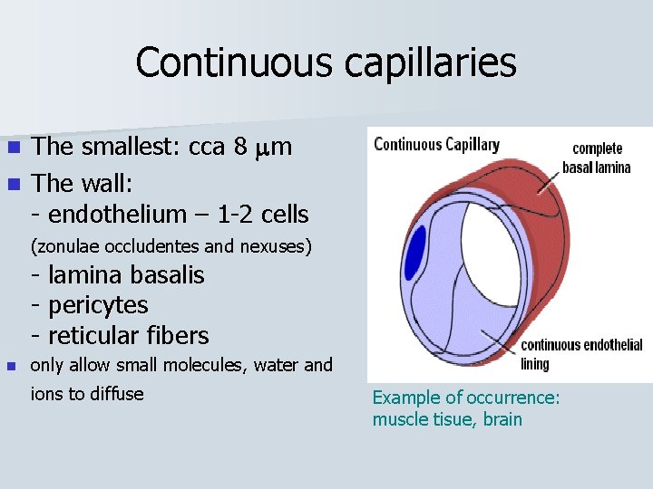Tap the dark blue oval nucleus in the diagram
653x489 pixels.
415,253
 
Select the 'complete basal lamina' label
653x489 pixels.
597,158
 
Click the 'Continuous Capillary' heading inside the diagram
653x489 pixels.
436,145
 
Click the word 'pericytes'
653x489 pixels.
97,305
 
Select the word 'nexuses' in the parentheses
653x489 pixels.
278,245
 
